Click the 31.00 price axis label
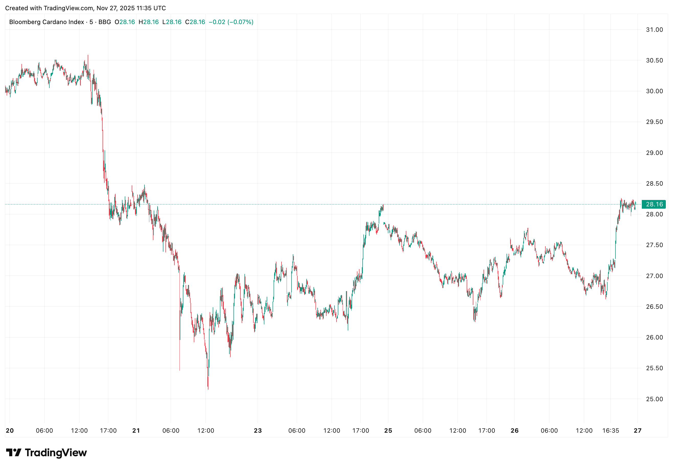(654, 30)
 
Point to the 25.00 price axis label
(654, 399)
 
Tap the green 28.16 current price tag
(654, 204)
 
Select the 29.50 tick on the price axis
(654, 122)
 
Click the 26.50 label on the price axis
(654, 307)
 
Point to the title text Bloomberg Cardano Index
(47, 22)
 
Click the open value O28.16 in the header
(125, 22)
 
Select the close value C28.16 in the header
(195, 22)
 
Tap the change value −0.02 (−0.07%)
(231, 22)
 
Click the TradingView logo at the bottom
(46, 452)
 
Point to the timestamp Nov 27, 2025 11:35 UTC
(131, 8)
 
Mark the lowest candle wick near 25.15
(208, 389)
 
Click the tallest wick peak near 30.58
(88, 56)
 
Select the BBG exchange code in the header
(105, 22)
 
